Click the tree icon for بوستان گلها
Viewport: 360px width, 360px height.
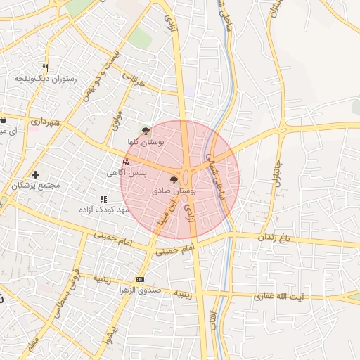(x=146, y=130)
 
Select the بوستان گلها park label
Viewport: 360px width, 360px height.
(x=146, y=142)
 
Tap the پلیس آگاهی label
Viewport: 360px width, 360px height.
(x=127, y=172)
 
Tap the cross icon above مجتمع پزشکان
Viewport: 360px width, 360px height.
(x=35, y=174)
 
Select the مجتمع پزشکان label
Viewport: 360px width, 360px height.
(x=37, y=186)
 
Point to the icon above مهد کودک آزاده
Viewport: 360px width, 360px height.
(x=105, y=199)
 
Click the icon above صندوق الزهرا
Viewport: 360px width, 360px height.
(x=140, y=279)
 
